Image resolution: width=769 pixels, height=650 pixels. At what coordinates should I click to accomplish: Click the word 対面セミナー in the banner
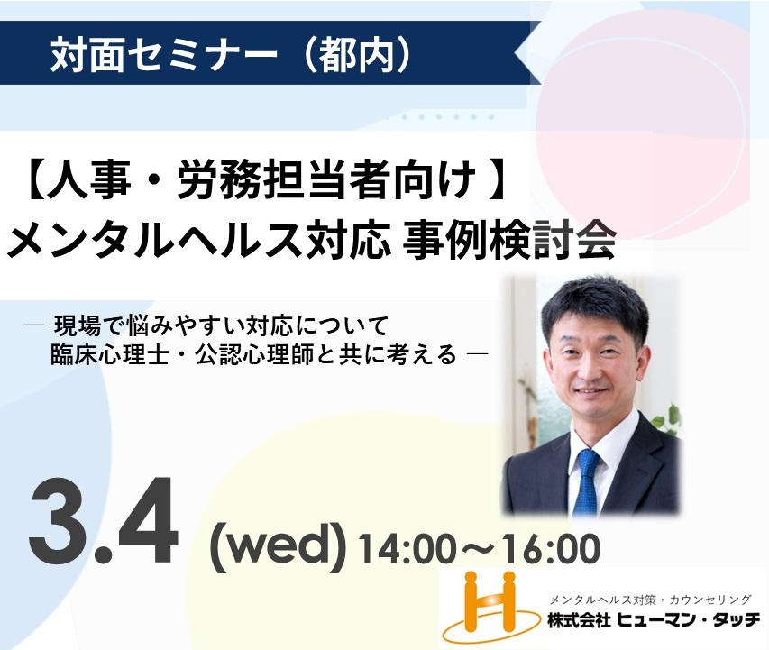164,53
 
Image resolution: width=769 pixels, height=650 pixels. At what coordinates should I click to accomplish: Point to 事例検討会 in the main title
508,241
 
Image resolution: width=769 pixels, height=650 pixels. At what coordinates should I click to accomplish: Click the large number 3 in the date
60,524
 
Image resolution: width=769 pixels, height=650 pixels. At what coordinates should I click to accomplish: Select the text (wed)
278,546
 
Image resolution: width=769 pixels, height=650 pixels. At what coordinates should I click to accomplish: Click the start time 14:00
405,548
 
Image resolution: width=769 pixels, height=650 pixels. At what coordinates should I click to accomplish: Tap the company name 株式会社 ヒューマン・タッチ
654,621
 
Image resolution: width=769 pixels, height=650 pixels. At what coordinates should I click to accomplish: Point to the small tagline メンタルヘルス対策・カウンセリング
651,599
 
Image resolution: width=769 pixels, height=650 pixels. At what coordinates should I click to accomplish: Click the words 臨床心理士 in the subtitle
109,354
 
